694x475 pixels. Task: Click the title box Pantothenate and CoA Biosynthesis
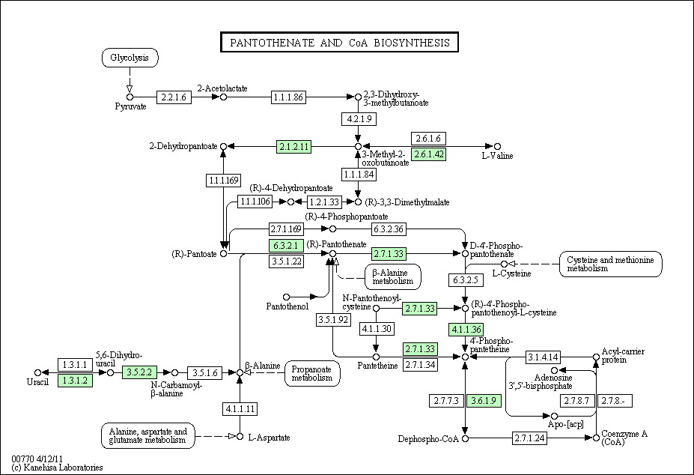point(339,42)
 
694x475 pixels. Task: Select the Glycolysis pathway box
point(130,58)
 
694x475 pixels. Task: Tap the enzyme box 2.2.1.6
point(174,97)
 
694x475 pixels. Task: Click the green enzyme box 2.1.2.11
point(294,146)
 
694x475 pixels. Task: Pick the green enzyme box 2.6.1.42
point(428,154)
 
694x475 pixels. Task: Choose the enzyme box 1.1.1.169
point(224,181)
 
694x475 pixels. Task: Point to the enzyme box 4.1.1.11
point(240,408)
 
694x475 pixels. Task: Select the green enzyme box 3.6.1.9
point(484,401)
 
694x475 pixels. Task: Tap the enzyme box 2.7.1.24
point(530,438)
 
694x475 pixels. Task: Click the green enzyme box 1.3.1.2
point(76,380)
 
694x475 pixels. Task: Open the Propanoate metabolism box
point(312,373)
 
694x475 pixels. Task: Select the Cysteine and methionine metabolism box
point(610,264)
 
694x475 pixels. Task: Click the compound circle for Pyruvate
point(130,97)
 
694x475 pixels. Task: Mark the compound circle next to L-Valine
point(498,146)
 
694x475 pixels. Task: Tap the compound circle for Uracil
point(37,372)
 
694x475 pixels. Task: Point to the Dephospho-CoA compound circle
point(465,439)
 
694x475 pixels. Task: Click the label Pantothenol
point(287,306)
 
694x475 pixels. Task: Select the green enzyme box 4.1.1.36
point(466,330)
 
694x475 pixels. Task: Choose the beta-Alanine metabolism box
point(393,277)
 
